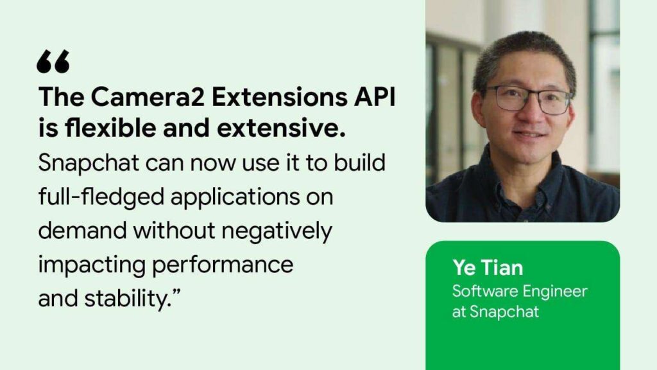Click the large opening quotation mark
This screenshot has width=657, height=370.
(x=53, y=62)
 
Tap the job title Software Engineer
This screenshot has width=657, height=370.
(x=520, y=291)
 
